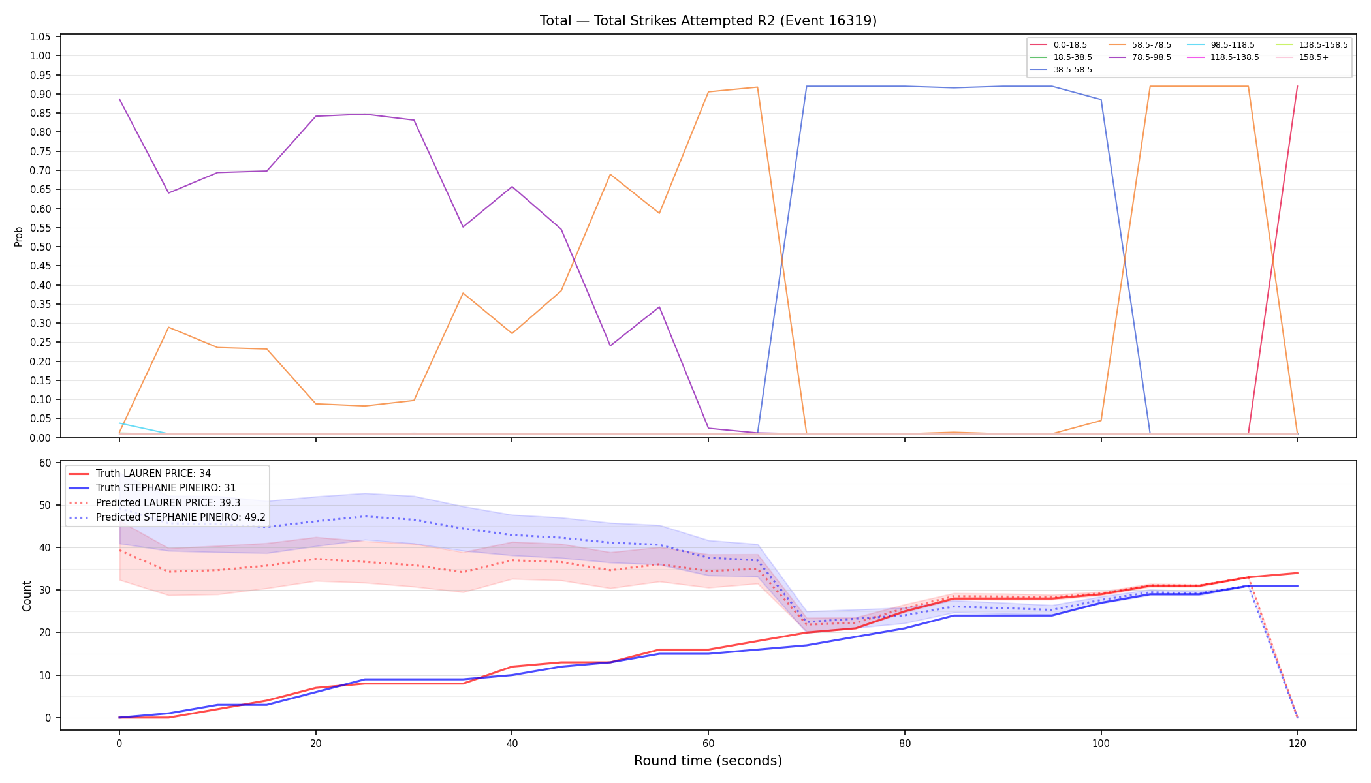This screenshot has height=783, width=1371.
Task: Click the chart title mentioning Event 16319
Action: [x=708, y=21]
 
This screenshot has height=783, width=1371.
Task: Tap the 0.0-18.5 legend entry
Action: [x=1058, y=45]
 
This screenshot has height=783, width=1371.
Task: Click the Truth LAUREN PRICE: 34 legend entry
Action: [x=140, y=474]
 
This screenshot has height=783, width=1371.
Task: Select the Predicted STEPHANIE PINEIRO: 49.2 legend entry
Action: [x=167, y=517]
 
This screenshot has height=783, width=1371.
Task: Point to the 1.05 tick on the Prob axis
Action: [x=40, y=37]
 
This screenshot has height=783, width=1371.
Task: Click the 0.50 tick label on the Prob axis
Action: [x=40, y=247]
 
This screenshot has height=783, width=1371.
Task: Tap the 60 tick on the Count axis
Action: [x=45, y=463]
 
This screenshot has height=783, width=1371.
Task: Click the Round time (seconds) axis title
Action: [x=708, y=761]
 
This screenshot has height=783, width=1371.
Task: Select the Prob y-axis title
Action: [x=18, y=236]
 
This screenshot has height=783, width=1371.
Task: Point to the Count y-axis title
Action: [x=27, y=596]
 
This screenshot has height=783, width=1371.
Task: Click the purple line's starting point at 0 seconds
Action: [x=119, y=99]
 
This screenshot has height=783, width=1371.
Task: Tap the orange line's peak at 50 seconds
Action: [x=610, y=174]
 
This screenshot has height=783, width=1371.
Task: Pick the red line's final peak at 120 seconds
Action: [x=1297, y=86]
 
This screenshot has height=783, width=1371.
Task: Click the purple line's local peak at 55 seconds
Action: [x=659, y=307]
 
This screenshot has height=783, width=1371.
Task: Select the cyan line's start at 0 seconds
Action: [x=119, y=423]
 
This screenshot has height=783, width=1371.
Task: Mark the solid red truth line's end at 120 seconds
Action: [x=1297, y=573]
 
